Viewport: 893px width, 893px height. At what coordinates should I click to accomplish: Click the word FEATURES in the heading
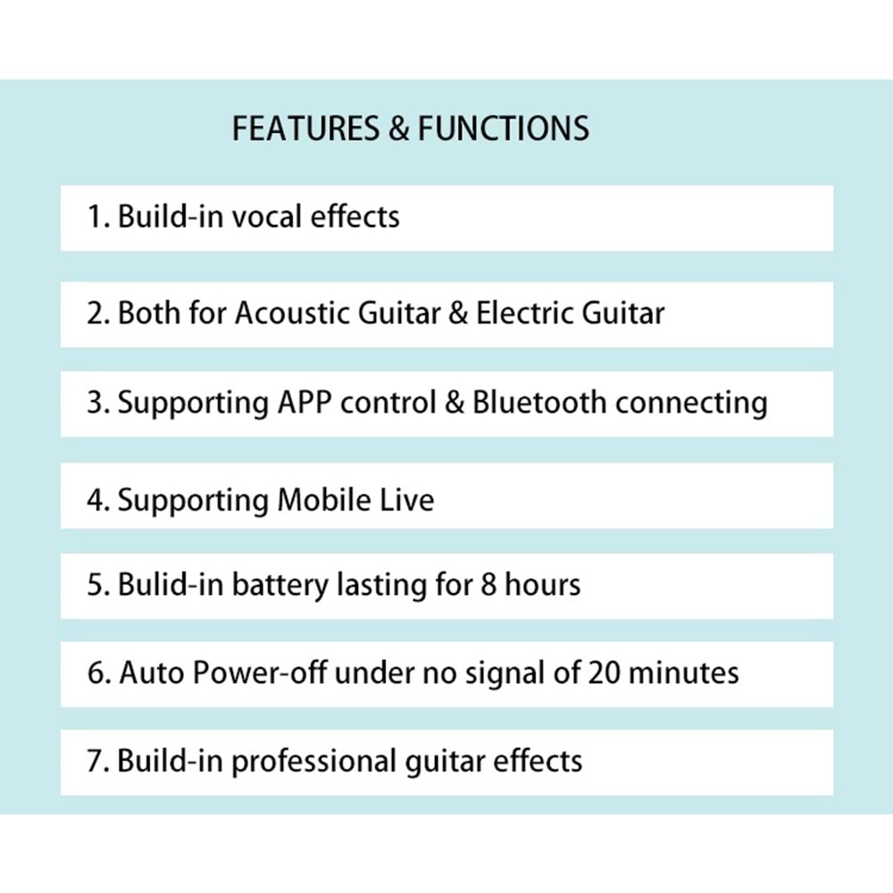coord(305,128)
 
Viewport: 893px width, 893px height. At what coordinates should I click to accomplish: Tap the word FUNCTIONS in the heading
coord(504,128)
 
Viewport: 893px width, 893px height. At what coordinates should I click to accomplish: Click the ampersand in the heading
coord(398,128)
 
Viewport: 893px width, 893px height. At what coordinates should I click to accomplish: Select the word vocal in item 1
coord(266,216)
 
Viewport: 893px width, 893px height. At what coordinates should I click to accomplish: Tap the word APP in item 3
coord(305,403)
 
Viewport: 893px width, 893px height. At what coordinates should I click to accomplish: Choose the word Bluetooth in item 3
coord(539,402)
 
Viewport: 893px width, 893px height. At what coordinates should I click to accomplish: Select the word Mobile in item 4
coord(324,499)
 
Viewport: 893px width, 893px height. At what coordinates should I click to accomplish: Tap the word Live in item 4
coord(406,499)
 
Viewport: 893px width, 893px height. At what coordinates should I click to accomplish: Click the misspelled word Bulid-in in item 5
coord(171,585)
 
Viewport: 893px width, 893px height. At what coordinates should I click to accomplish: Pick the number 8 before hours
coord(488,586)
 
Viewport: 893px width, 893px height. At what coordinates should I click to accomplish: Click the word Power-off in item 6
coord(260,672)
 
